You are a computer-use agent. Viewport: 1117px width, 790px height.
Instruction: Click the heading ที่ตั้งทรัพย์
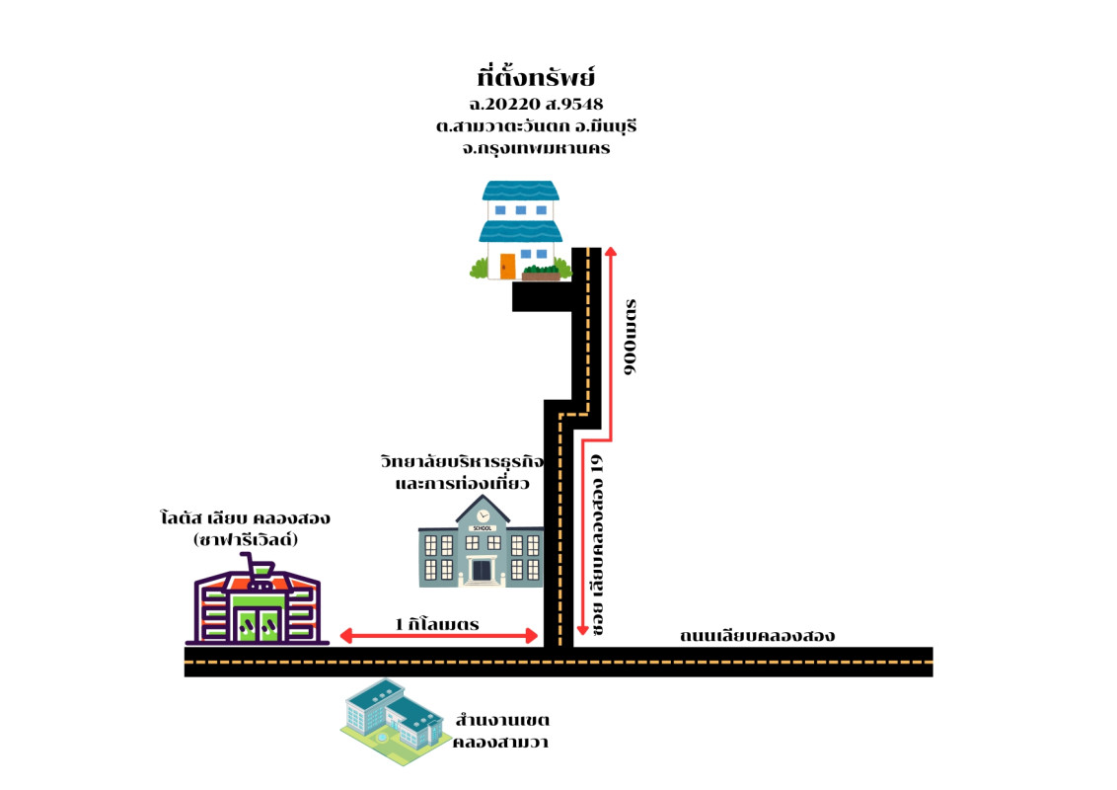click(x=537, y=77)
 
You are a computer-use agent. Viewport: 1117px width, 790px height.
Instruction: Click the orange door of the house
click(x=507, y=267)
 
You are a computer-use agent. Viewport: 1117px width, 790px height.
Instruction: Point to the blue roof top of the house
click(x=520, y=190)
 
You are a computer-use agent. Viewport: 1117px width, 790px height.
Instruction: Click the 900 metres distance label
click(x=632, y=336)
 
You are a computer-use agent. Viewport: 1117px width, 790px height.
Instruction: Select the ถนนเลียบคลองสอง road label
click(x=757, y=635)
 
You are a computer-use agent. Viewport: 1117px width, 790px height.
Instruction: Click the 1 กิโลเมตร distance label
click(x=437, y=624)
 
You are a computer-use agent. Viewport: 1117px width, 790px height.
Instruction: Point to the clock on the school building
click(x=482, y=514)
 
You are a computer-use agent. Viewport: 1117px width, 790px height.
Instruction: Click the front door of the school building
click(x=482, y=570)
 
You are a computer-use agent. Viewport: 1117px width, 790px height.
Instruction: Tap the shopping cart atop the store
click(x=257, y=566)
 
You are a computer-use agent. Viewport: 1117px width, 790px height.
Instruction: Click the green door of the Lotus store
click(x=256, y=624)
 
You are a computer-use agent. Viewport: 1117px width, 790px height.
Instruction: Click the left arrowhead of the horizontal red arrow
click(x=345, y=635)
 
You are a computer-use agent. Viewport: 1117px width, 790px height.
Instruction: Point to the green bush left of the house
click(x=479, y=269)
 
